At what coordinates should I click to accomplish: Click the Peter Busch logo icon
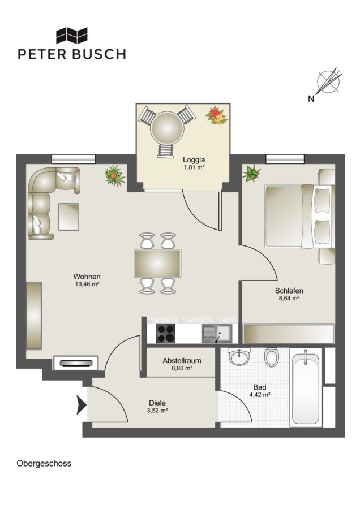click(72, 35)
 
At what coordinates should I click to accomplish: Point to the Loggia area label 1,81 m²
click(194, 167)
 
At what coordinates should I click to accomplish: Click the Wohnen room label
click(87, 277)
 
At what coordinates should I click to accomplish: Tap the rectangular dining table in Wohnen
click(157, 263)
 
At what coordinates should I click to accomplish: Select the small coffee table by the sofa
click(68, 217)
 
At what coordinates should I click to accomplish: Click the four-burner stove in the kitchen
click(166, 333)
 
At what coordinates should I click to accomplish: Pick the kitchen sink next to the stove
click(217, 334)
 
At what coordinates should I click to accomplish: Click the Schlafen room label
click(289, 291)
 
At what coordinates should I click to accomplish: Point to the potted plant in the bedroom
click(252, 173)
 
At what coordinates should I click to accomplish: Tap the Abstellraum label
click(182, 361)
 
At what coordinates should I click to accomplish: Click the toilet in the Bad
click(271, 357)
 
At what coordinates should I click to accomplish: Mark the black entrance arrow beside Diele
click(82, 405)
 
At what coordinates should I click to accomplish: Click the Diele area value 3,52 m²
click(157, 411)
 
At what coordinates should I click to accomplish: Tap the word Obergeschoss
click(44, 463)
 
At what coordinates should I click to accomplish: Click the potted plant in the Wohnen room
click(114, 175)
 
